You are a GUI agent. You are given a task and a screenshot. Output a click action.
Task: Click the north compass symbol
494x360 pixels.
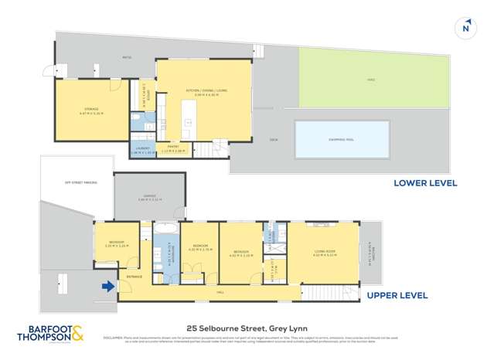point(465,28)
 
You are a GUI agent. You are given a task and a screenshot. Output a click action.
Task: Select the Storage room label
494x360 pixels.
point(90,111)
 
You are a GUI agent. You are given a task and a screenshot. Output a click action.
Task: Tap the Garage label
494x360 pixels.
point(149,196)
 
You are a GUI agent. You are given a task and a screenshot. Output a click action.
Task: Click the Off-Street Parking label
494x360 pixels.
point(80,182)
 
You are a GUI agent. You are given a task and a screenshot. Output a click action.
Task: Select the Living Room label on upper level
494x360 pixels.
point(323,250)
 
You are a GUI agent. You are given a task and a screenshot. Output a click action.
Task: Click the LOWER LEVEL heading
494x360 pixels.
point(425,183)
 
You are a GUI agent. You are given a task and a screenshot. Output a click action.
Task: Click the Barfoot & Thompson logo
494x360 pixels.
point(51,335)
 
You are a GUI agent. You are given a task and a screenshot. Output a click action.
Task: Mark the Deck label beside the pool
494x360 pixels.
point(273,140)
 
